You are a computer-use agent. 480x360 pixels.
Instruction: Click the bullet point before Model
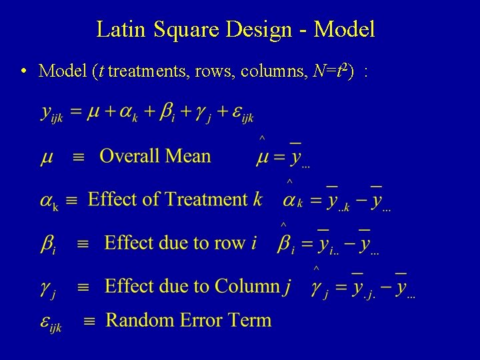point(23,70)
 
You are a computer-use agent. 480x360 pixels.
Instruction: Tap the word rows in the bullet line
point(209,70)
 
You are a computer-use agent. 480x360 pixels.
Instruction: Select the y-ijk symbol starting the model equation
point(51,114)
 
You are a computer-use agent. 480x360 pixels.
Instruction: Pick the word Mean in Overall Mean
point(189,156)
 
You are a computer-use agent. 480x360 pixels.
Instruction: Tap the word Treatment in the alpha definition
point(206,199)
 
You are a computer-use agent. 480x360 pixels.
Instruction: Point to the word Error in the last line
point(203,320)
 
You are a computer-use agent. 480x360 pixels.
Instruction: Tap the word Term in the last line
point(251,320)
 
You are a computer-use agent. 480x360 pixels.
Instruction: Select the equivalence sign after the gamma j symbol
point(83,288)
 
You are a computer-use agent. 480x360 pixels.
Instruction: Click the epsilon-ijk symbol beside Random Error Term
point(49,322)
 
